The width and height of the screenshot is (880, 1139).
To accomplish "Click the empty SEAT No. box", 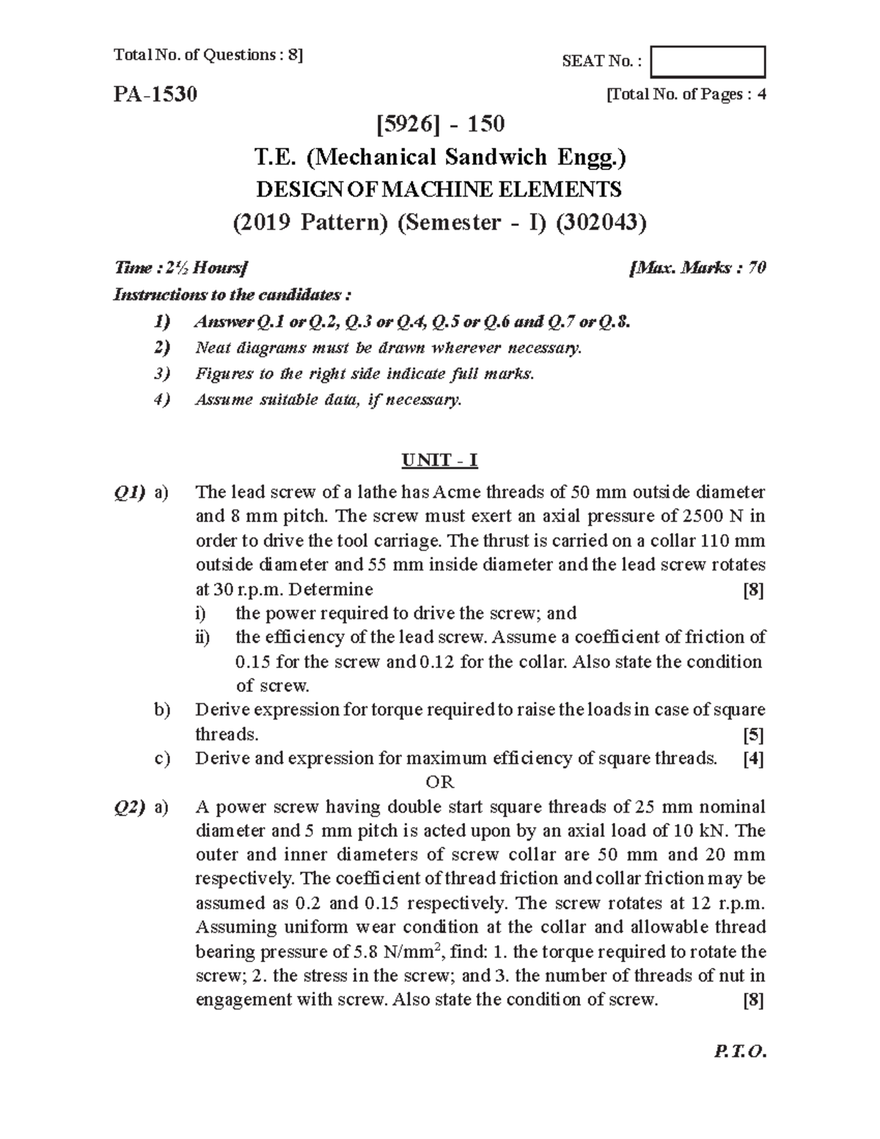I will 708,62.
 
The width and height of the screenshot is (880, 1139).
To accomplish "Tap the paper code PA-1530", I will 155,95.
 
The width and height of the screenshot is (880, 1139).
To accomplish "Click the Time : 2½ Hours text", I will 181,268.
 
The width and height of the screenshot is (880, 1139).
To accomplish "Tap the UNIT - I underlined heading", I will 439,461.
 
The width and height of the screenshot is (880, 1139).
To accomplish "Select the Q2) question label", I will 130,807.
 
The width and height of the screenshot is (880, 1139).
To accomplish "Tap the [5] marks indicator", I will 753,735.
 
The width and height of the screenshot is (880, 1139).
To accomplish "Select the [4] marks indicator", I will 753,759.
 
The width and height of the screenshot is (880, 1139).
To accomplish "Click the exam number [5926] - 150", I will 440,124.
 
